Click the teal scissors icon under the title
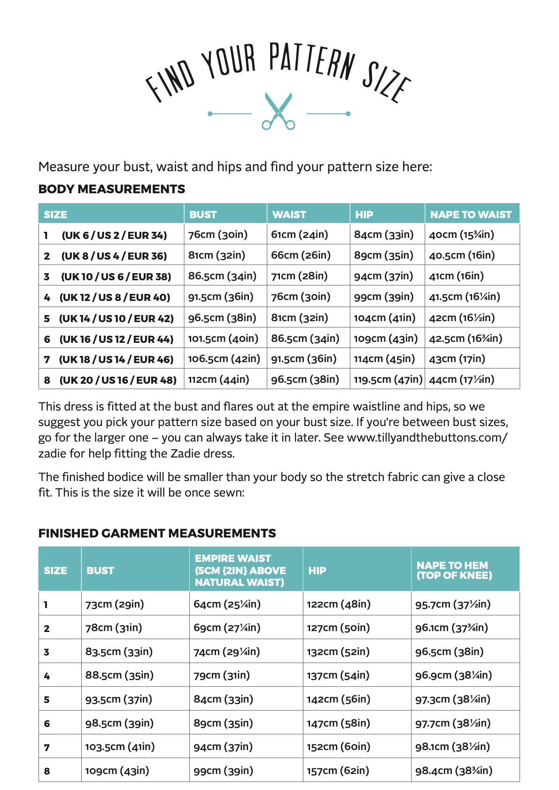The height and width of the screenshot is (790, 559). tap(279, 111)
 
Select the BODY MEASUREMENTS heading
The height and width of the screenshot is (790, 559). tap(112, 189)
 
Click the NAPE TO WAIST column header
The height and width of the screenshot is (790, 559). tap(471, 214)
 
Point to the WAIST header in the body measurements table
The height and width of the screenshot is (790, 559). tap(289, 214)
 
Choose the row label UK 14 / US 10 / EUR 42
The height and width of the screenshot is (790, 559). tap(116, 318)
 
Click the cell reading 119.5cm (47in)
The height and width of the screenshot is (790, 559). tap(388, 379)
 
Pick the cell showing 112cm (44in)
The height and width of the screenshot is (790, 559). tap(218, 379)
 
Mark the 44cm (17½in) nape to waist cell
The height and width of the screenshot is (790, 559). tap(461, 379)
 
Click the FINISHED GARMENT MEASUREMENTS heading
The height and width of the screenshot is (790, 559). tap(157, 533)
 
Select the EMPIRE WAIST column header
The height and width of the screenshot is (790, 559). tap(240, 570)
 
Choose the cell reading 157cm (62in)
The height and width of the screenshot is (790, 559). tap(338, 771)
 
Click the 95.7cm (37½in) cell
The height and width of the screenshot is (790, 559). tap(452, 604)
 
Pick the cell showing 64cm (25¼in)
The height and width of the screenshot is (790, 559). tap(227, 604)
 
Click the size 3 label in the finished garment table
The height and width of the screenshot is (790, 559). tap(47, 652)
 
